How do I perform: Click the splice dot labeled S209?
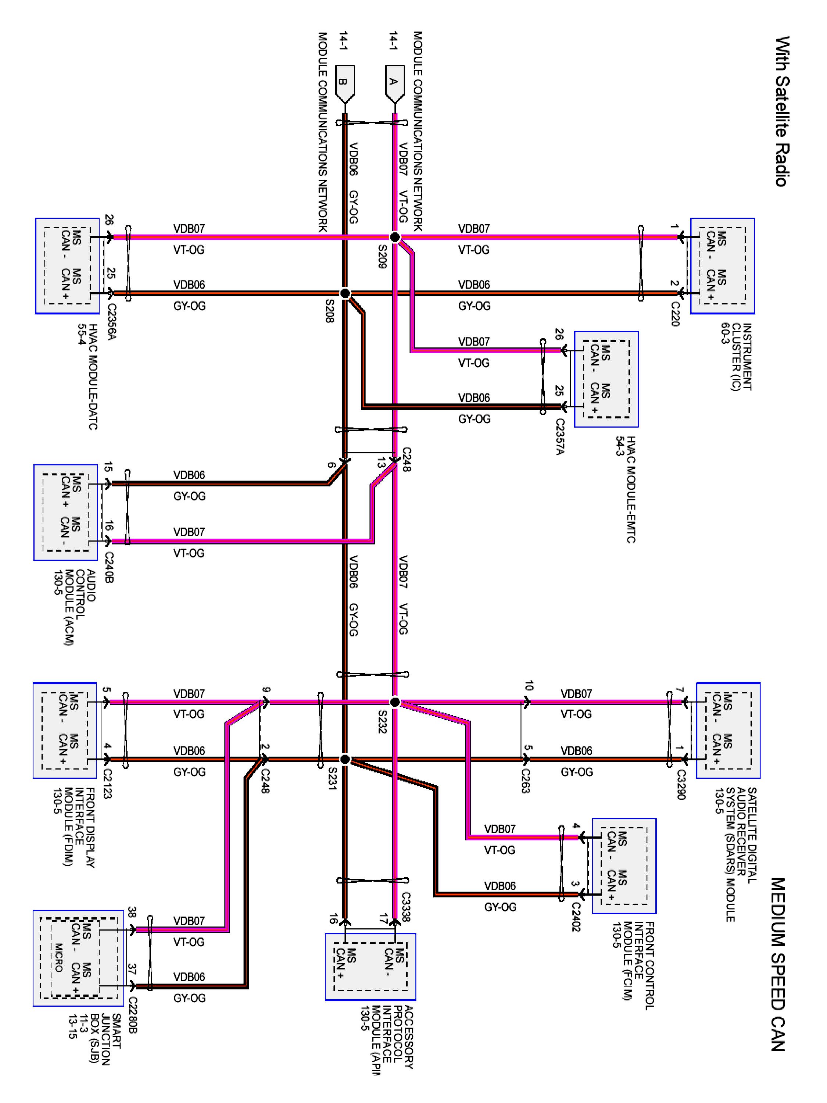[x=394, y=238]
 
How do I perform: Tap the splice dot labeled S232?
[x=394, y=702]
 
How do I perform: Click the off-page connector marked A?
[x=394, y=84]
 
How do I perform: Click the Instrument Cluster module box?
[x=722, y=266]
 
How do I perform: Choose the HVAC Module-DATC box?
[x=67, y=266]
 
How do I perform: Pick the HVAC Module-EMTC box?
[x=606, y=379]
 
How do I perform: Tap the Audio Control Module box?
[x=65, y=513]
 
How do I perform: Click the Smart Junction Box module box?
[x=78, y=959]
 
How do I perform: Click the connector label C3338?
[x=405, y=907]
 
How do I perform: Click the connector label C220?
[x=674, y=314]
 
